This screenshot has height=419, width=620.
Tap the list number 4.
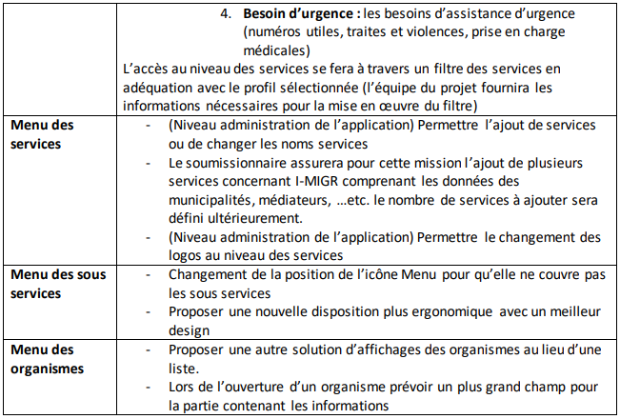(x=226, y=15)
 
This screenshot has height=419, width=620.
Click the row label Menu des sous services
(x=57, y=283)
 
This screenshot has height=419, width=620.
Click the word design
(x=189, y=329)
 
